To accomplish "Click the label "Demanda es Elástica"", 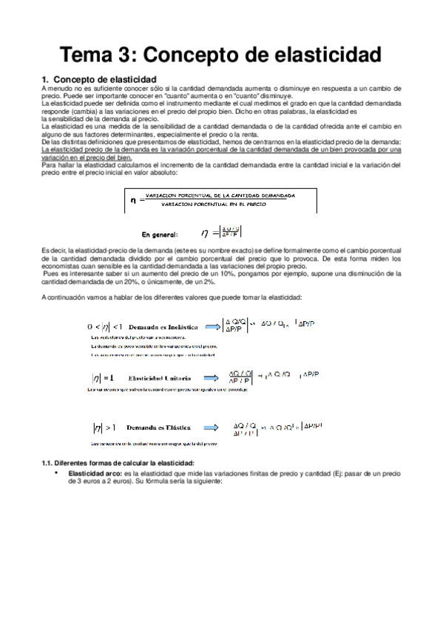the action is (160, 427).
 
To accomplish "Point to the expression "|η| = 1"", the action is (104, 376).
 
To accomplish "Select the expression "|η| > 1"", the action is (104, 427).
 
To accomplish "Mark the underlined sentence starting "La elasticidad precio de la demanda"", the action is (222, 148).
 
